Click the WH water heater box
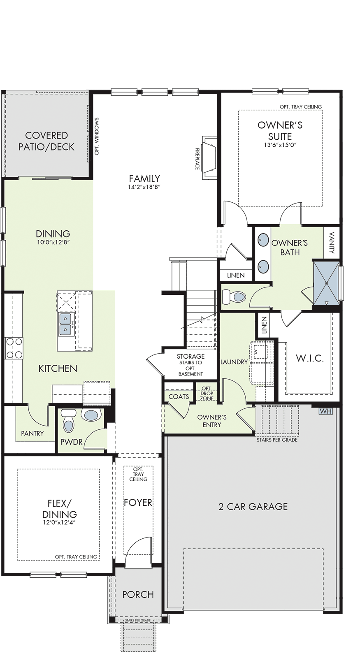pyautogui.click(x=325, y=411)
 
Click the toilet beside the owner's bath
pyautogui.click(x=234, y=297)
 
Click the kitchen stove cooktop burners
pyautogui.click(x=14, y=348)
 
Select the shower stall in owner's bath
pyautogui.click(x=326, y=283)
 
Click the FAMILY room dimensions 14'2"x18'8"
pyautogui.click(x=144, y=187)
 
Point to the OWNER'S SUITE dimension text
pyautogui.click(x=280, y=144)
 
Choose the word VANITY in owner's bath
pyautogui.click(x=332, y=243)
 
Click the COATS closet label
pyautogui.click(x=179, y=396)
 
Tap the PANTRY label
pyautogui.click(x=33, y=433)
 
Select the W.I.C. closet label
pyautogui.click(x=310, y=358)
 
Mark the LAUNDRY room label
pyautogui.click(x=234, y=362)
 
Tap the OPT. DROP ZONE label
pyautogui.click(x=207, y=393)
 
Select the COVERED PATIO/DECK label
pyautogui.click(x=46, y=141)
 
